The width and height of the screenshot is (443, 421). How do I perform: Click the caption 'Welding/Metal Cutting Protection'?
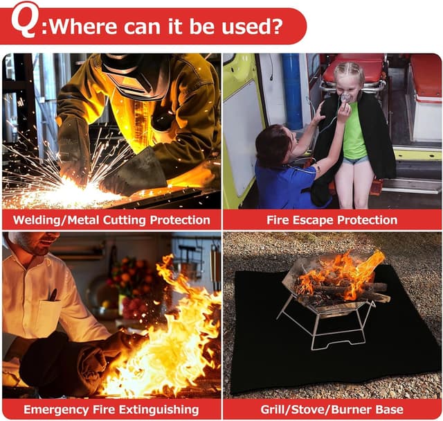click(111, 220)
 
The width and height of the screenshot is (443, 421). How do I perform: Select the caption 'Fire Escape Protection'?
click(332, 220)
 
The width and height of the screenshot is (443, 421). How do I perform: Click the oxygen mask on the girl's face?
click(345, 98)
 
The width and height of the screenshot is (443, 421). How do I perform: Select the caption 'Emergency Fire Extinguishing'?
click(111, 409)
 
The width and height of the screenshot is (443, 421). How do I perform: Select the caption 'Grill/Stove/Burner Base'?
click(332, 409)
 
